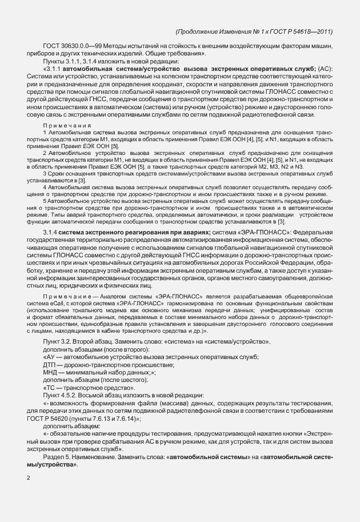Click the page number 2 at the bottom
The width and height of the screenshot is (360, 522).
pos(28,479)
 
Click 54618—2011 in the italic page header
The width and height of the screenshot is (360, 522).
pos(314,32)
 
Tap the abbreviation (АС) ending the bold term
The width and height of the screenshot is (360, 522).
pos(327,70)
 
